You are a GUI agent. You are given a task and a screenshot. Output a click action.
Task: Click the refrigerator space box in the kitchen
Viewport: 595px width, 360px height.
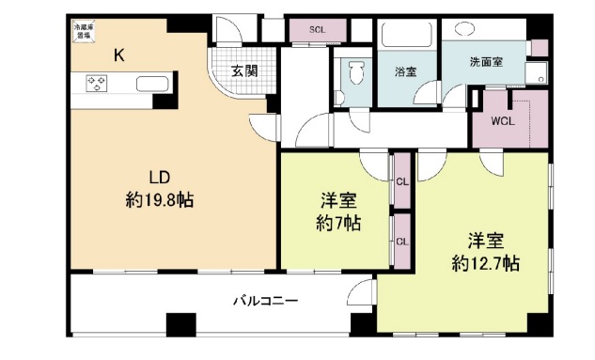pyautogui.click(x=84, y=34)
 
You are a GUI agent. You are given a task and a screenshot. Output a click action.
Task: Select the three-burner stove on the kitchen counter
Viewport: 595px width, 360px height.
pyautogui.click(x=98, y=84)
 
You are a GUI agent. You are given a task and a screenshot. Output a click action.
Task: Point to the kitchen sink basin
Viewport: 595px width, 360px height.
pyautogui.click(x=150, y=84)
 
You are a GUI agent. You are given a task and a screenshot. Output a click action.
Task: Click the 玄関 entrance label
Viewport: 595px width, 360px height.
pyautogui.click(x=244, y=70)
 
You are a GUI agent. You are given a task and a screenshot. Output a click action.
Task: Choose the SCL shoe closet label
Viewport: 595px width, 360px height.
pyautogui.click(x=317, y=30)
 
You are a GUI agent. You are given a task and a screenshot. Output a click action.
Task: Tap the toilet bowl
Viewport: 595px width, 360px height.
pyautogui.click(x=356, y=74)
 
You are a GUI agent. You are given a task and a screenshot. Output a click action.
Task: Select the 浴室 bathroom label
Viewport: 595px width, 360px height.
pyautogui.click(x=406, y=70)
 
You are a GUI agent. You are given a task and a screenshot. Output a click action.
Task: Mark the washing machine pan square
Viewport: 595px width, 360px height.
pyautogui.click(x=537, y=72)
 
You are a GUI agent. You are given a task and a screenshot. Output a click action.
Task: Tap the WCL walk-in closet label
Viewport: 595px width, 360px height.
pyautogui.click(x=502, y=121)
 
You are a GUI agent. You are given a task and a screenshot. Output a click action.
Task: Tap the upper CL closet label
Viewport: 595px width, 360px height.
pyautogui.click(x=401, y=181)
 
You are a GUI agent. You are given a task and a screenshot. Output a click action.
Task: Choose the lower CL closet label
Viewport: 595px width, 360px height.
pyautogui.click(x=401, y=241)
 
